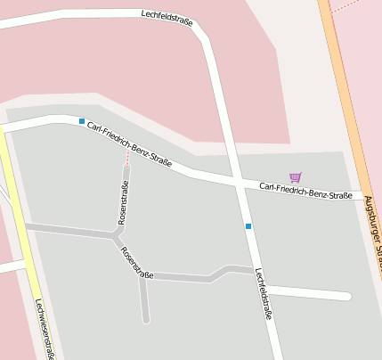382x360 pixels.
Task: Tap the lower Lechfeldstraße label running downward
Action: coord(264,294)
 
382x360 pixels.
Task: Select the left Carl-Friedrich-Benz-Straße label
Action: coord(130,144)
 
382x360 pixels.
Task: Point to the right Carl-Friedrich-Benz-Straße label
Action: coord(305,190)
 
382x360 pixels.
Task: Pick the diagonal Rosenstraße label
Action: coord(137,262)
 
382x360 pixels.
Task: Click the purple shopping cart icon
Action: coord(296,177)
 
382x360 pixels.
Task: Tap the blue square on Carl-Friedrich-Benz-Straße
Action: coord(82,121)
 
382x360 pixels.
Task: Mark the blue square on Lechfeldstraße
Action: coord(248,226)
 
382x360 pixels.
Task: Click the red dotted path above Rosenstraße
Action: coord(126,156)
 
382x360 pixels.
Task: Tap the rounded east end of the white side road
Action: coord(347,297)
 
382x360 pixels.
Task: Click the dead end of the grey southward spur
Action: coord(146,319)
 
